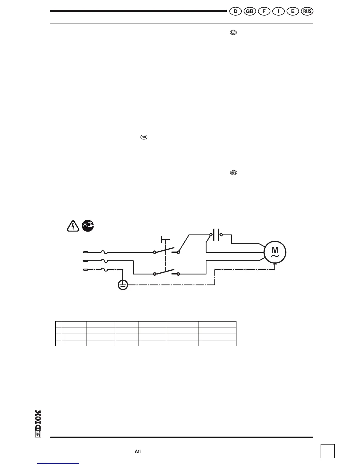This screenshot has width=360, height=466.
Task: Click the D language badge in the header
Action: coord(235,11)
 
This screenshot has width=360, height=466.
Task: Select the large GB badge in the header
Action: coord(250,11)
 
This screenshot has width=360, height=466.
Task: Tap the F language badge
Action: coord(264,11)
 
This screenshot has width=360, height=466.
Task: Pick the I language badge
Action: coord(278,11)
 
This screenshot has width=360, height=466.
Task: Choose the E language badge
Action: coord(293,11)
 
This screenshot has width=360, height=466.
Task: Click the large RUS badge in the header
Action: coord(307,11)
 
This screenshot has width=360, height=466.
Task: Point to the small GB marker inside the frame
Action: coord(144,137)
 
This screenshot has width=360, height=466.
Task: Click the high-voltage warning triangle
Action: coord(73,226)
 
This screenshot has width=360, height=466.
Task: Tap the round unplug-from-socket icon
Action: coord(88,226)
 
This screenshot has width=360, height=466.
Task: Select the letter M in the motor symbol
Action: coord(275,250)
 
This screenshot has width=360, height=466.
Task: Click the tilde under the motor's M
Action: coord(275,256)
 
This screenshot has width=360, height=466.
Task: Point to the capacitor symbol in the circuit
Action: coord(216,235)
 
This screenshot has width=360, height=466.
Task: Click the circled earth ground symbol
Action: coord(123,285)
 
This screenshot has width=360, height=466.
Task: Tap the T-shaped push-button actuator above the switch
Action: coord(165,240)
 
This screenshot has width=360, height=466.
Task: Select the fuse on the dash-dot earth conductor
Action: coord(104,269)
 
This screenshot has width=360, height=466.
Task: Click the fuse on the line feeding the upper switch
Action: coord(104,252)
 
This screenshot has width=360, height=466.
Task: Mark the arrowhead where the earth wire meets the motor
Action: coord(275,264)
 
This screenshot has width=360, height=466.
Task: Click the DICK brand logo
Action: coord(38,424)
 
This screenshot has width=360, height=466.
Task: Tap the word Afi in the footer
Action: coord(138,451)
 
